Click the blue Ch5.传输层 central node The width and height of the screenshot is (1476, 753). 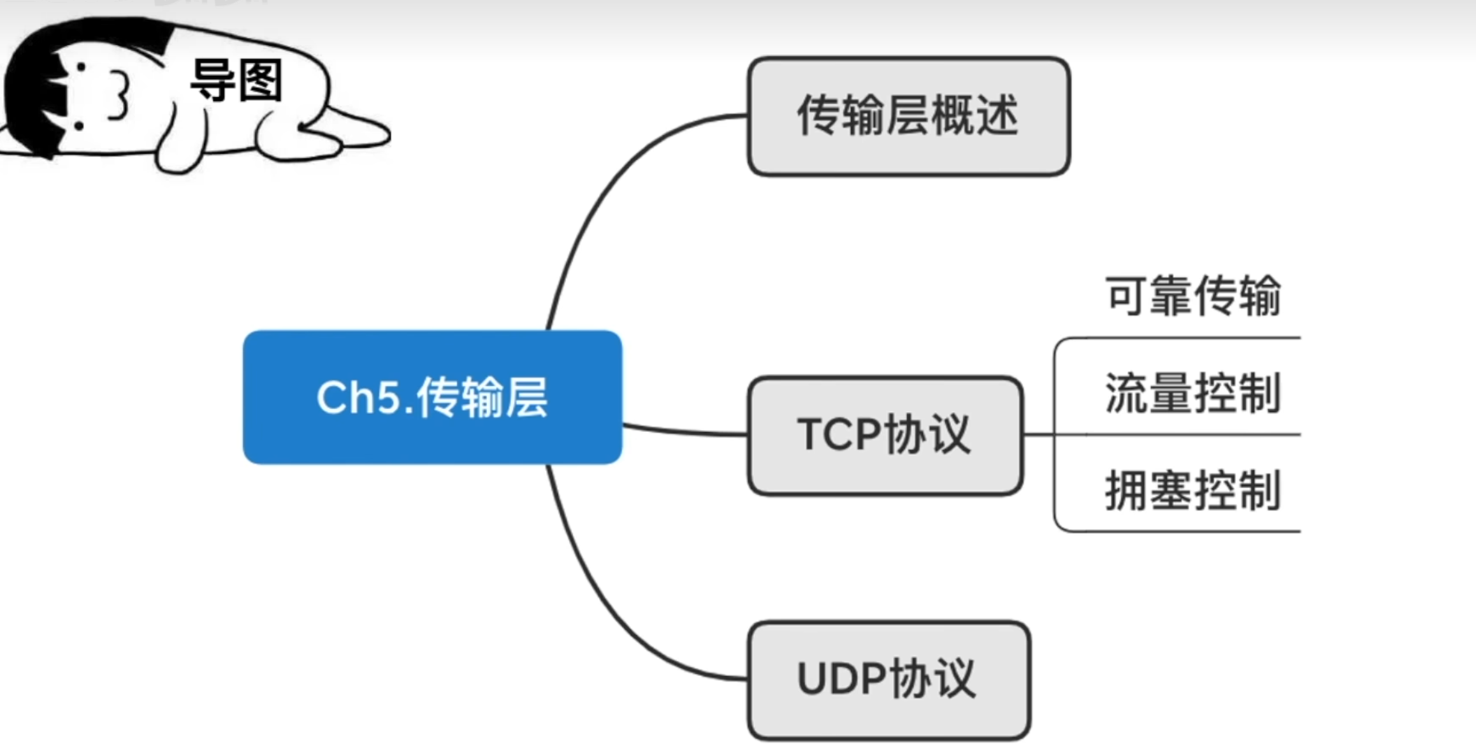[432, 396]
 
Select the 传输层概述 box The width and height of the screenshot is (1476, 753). [908, 116]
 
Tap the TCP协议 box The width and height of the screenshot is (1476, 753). [885, 435]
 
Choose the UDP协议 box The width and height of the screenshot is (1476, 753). [888, 679]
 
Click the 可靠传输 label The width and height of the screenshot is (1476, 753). [1192, 296]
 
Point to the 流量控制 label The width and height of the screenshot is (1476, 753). [1192, 393]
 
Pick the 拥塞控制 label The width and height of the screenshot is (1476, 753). [1192, 491]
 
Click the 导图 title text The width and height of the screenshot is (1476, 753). [236, 81]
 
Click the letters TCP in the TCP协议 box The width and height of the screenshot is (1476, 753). [839, 435]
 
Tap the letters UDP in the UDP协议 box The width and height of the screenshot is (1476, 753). [841, 679]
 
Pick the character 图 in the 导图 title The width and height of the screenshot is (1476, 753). [261, 81]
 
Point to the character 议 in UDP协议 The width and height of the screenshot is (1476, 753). [954, 679]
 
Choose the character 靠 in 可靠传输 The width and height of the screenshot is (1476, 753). [1170, 296]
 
